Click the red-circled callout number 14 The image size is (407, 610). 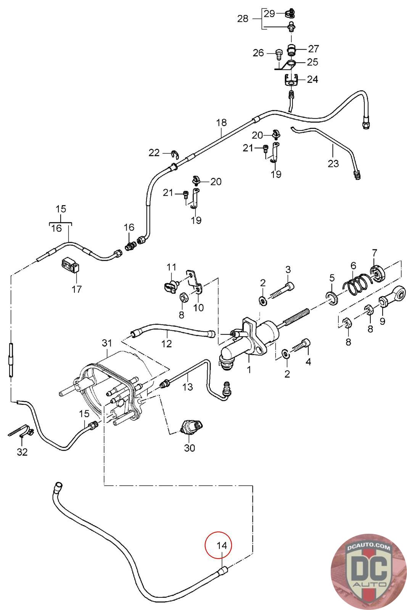(222, 546)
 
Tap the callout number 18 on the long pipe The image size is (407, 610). (221, 123)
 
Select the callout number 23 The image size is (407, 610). (333, 164)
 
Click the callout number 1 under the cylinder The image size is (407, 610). (249, 369)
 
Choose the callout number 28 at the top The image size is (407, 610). (243, 18)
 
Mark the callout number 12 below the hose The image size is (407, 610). (167, 344)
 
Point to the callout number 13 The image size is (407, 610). (188, 387)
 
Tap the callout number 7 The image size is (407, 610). (374, 252)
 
